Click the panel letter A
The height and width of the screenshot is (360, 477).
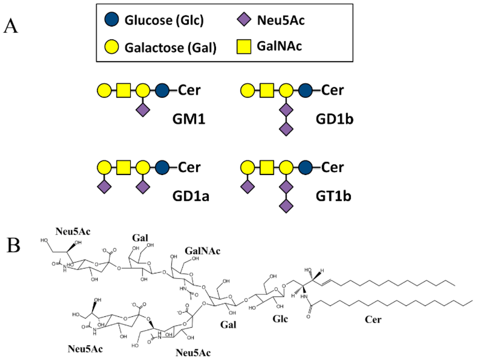pos(11,26)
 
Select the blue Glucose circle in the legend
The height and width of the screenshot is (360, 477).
pos(112,20)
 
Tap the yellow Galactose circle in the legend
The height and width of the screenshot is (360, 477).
pos(112,47)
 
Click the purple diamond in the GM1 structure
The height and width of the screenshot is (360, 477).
pos(143,110)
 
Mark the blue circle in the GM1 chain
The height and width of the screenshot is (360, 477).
pos(162,89)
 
